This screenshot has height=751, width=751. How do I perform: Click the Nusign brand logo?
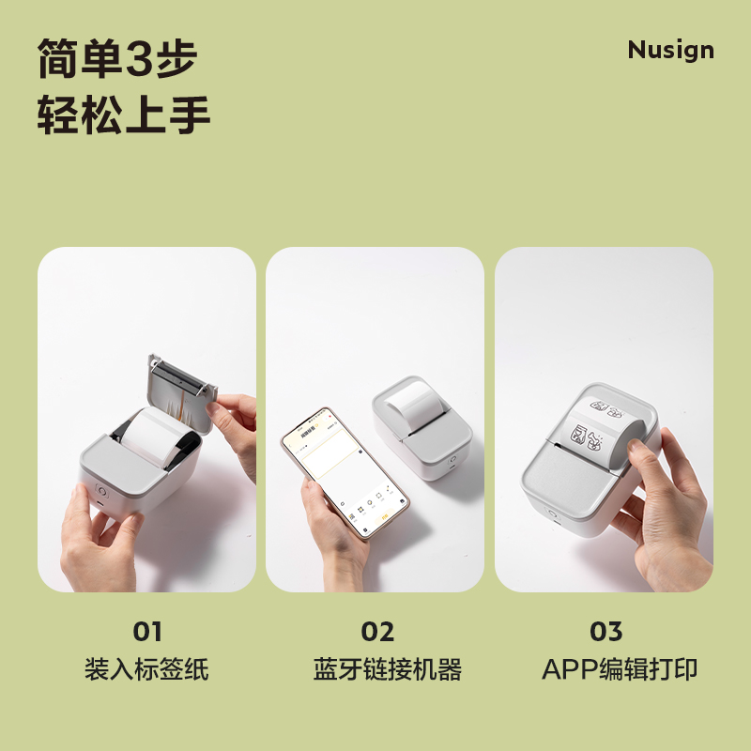(x=670, y=51)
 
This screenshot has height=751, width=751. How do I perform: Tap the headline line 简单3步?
(x=117, y=58)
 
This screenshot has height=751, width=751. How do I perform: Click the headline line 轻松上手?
(x=123, y=117)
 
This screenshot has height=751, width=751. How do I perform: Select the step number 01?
(x=146, y=632)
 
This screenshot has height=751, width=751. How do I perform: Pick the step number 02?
(x=377, y=632)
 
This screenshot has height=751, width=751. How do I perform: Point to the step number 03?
(x=606, y=632)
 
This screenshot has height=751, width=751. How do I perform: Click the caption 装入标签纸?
(x=146, y=669)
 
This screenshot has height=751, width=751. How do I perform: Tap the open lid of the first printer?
(x=183, y=386)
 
